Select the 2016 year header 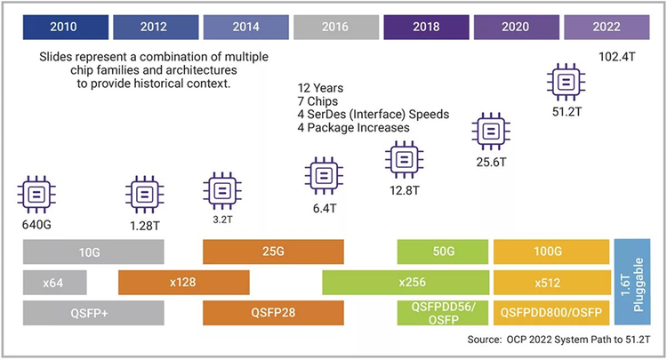[x=336, y=26]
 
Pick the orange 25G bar [x=273, y=252]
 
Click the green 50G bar [x=440, y=252]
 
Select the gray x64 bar [x=55, y=283]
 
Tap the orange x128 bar [x=183, y=283]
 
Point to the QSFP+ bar [x=93, y=313]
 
